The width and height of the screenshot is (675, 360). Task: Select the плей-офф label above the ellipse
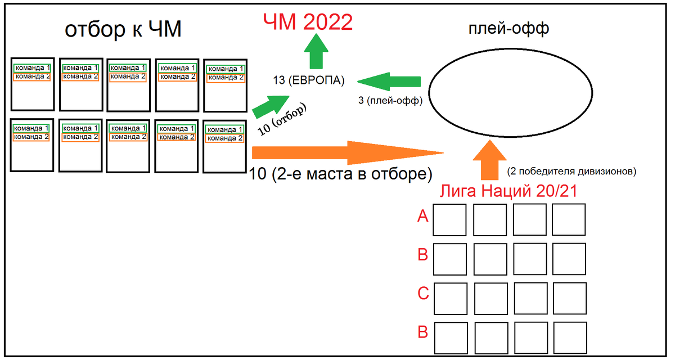click(508, 29)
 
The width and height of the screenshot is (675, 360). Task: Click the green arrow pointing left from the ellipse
click(389, 82)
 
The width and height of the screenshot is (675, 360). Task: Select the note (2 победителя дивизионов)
click(571, 169)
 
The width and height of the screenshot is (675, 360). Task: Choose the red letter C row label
click(424, 294)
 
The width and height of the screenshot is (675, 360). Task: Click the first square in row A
click(449, 219)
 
